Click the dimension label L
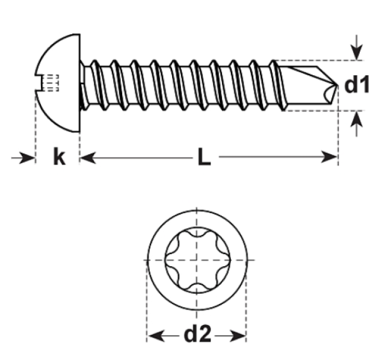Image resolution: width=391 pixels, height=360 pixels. (204, 158)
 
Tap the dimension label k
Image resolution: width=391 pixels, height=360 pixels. (58, 158)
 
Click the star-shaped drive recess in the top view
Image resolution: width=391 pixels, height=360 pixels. (197, 259)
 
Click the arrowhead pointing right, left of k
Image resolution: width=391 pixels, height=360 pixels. (28, 158)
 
